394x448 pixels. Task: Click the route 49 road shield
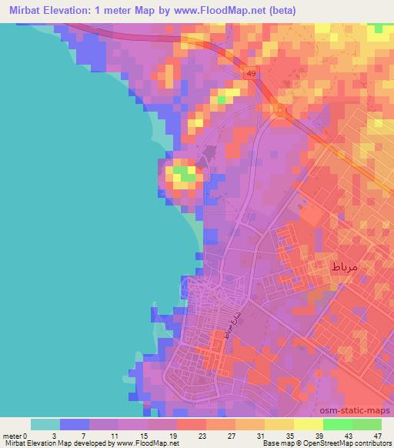[x=251, y=73]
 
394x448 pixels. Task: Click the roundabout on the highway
[x=280, y=111]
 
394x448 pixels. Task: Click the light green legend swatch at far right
[x=367, y=424]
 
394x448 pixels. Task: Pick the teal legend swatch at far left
[x=45, y=424]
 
